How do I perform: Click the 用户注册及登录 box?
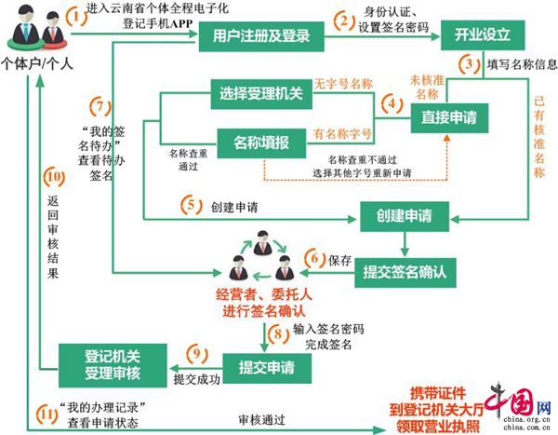pyautogui.click(x=261, y=37)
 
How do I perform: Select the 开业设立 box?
pyautogui.click(x=483, y=37)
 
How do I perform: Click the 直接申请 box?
pyautogui.click(x=449, y=116)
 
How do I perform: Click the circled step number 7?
pyautogui.click(x=103, y=104)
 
